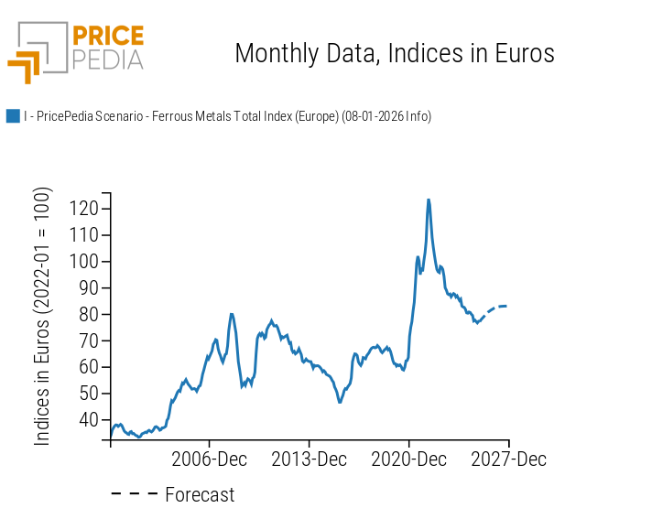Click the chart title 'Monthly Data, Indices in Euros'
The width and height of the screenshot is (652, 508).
point(394,53)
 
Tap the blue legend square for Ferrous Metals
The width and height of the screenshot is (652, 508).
point(13,116)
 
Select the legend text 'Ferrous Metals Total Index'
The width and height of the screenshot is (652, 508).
point(227,116)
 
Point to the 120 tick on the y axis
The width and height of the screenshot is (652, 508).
point(83,209)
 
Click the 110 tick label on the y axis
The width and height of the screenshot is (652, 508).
point(83,235)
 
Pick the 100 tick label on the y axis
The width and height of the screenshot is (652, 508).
point(83,262)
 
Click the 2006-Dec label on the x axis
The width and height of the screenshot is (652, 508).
point(210,459)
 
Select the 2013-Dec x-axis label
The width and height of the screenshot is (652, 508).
point(310,459)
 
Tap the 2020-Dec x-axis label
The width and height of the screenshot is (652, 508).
point(409,459)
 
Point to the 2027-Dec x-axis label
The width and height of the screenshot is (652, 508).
point(508,459)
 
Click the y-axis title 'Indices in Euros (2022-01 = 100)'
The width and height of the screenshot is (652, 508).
point(43,317)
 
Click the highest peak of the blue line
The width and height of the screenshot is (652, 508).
point(429,200)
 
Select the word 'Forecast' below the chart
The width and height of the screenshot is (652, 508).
point(200,495)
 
